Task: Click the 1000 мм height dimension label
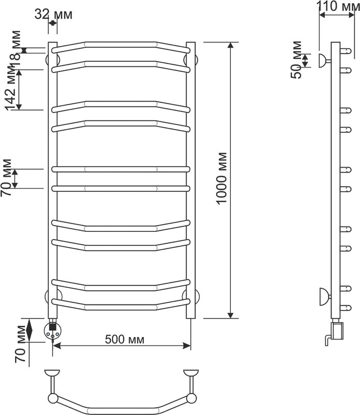[x=221, y=178]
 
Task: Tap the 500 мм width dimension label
[x=124, y=339]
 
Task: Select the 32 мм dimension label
[x=53, y=15]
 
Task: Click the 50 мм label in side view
[x=296, y=60]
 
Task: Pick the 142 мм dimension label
[x=11, y=88]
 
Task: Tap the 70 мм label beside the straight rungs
[x=6, y=177]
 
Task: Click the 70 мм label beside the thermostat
[x=20, y=344]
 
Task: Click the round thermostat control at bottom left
[x=53, y=331]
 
